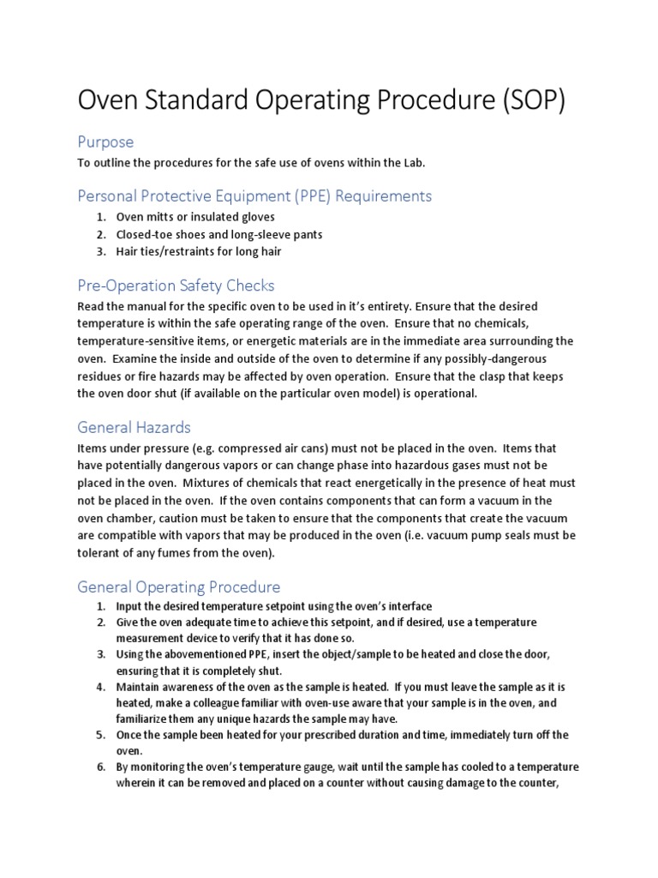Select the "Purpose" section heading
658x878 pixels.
[x=105, y=141]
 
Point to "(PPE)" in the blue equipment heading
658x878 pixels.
[x=303, y=196]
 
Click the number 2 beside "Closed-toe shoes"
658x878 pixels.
[x=100, y=234]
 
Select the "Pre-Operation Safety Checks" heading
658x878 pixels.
[x=176, y=285]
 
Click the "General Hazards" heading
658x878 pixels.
[x=134, y=427]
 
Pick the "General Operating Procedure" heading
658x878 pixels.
[x=179, y=586]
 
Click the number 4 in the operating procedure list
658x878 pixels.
[x=100, y=688]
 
